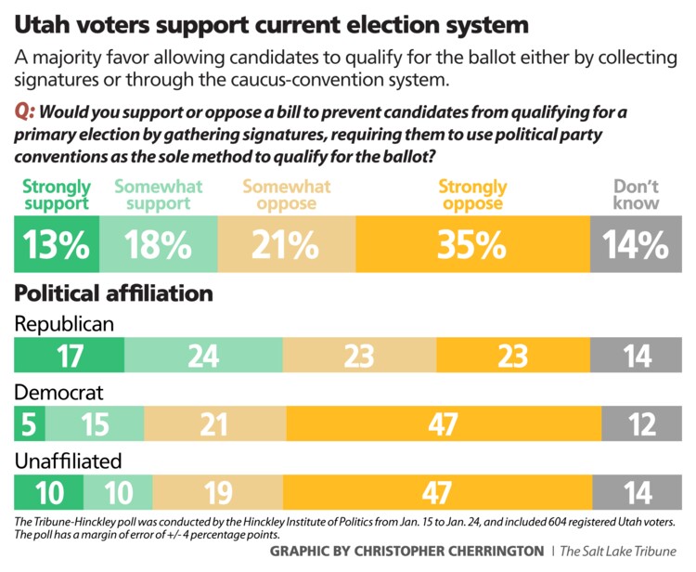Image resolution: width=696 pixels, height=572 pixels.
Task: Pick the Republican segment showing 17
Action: click(x=70, y=356)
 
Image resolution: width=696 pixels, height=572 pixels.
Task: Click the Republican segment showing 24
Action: click(x=203, y=356)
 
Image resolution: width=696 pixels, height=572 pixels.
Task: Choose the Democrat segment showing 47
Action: click(x=443, y=423)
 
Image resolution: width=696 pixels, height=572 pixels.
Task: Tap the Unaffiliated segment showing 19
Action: click(x=218, y=491)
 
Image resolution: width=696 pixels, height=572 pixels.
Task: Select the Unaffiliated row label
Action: click(x=67, y=460)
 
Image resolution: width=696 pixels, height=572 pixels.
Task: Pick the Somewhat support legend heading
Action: click(x=158, y=195)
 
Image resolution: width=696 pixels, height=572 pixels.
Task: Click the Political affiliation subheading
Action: click(x=113, y=293)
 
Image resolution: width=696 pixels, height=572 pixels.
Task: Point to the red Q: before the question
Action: click(x=25, y=113)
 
